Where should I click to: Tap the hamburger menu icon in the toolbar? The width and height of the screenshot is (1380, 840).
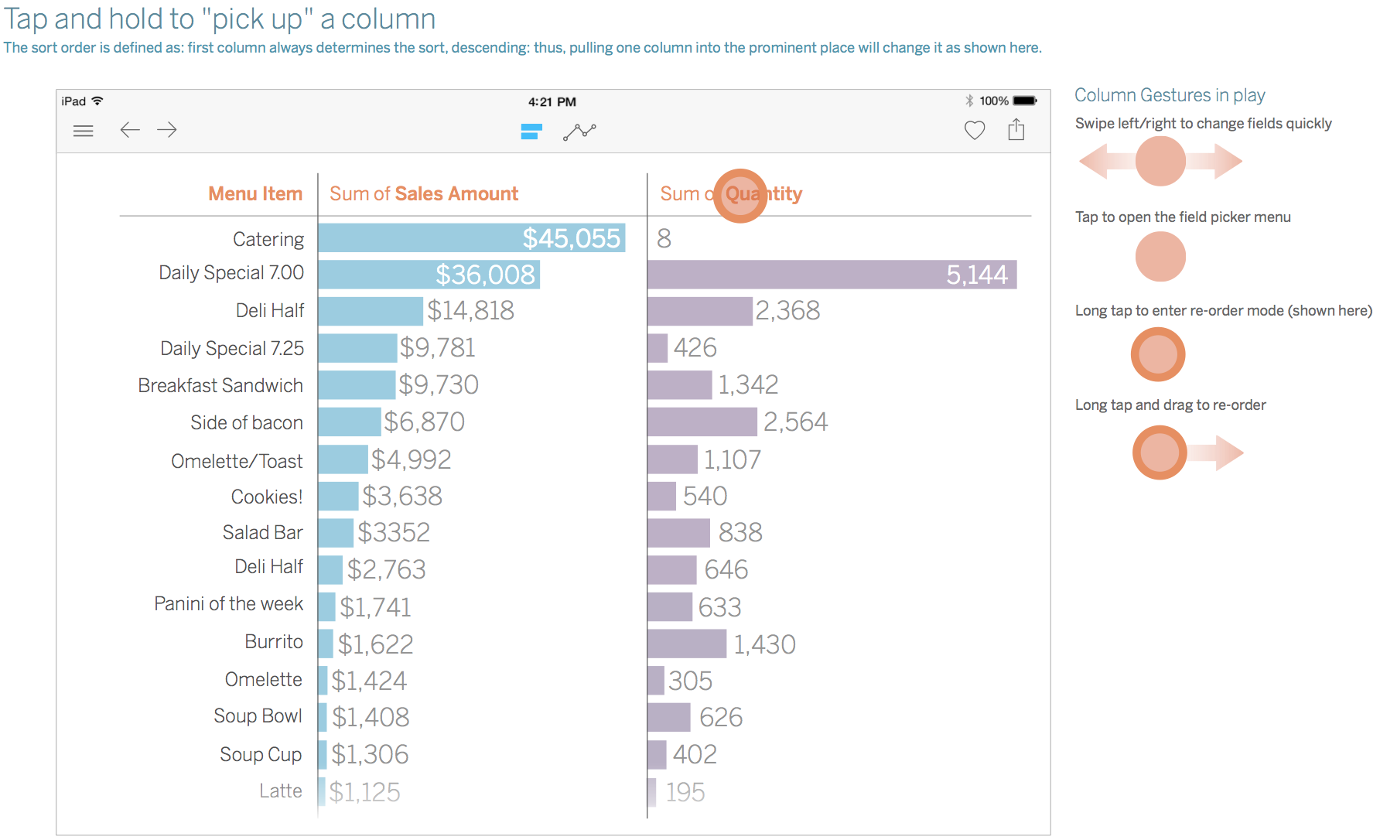(83, 131)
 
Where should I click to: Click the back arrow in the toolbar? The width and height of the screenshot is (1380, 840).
(130, 130)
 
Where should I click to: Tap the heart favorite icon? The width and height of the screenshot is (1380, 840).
(975, 131)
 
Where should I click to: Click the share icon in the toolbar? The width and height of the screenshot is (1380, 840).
(1016, 129)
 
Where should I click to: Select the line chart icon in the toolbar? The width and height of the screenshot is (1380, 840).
(579, 131)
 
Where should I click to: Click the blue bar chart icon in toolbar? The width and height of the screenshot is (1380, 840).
(531, 131)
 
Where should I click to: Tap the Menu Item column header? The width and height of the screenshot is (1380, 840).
(255, 193)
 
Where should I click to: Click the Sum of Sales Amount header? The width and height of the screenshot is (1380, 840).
(424, 193)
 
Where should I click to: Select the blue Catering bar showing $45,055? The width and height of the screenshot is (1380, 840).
(472, 238)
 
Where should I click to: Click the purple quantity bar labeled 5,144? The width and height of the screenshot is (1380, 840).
(832, 275)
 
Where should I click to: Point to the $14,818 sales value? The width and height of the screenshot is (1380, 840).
(470, 311)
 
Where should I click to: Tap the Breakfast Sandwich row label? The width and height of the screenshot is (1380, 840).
(220, 385)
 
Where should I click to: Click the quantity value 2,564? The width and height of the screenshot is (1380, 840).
(795, 422)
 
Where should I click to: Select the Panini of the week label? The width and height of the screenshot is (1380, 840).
(228, 603)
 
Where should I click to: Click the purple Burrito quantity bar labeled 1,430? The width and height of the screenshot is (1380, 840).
(687, 644)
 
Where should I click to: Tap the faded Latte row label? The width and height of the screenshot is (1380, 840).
(281, 790)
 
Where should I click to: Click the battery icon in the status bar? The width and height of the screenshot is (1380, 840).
(1025, 101)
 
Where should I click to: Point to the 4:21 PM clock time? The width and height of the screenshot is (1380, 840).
(552, 101)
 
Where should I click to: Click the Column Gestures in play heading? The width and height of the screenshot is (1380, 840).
(1170, 95)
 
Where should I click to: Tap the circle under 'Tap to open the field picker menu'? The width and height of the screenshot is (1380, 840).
(1160, 257)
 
